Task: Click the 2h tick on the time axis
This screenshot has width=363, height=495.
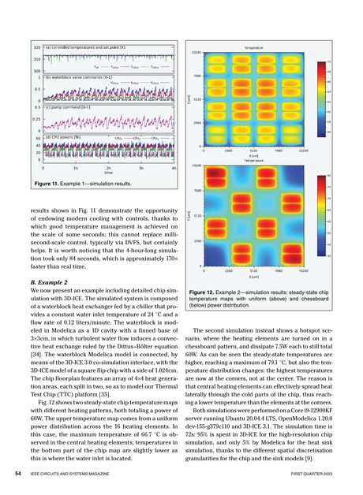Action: (108, 169)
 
